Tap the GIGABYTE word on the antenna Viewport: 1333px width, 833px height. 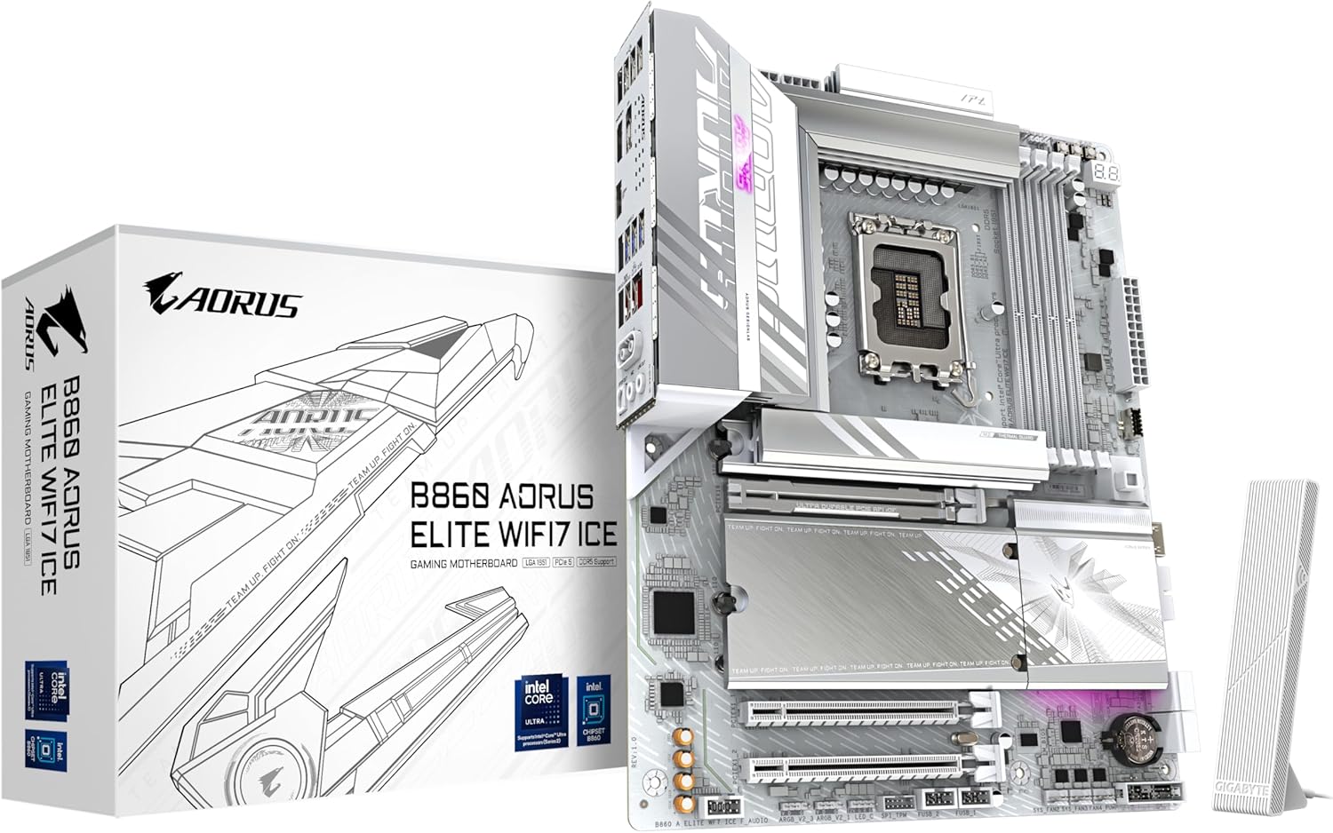pyautogui.click(x=1230, y=781)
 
